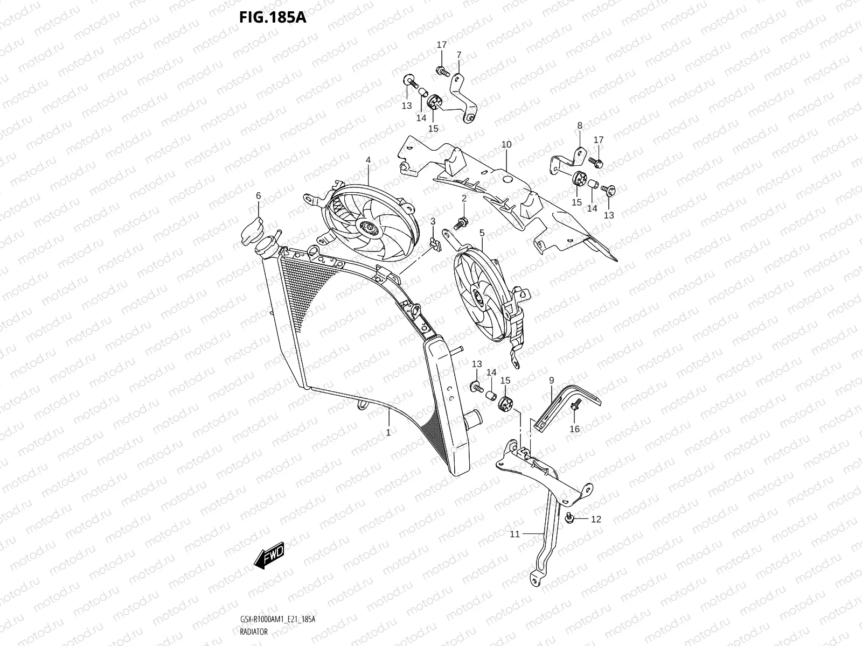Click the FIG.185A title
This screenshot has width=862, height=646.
[273, 17]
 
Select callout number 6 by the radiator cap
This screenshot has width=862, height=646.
[258, 196]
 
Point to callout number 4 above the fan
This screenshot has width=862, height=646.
[369, 160]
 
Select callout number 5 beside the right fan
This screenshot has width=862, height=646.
[482, 233]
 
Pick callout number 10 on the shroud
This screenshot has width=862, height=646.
[506, 144]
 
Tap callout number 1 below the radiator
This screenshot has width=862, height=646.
[388, 432]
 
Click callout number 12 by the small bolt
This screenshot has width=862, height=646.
[596, 519]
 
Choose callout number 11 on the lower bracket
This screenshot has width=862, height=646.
[515, 534]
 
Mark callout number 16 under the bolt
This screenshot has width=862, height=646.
[575, 429]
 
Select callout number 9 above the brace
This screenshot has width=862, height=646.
[551, 381]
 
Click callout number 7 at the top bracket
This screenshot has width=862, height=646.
[459, 55]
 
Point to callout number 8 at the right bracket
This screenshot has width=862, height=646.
[580, 125]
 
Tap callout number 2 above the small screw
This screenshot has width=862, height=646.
[464, 199]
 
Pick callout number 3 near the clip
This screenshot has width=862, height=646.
[433, 221]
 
